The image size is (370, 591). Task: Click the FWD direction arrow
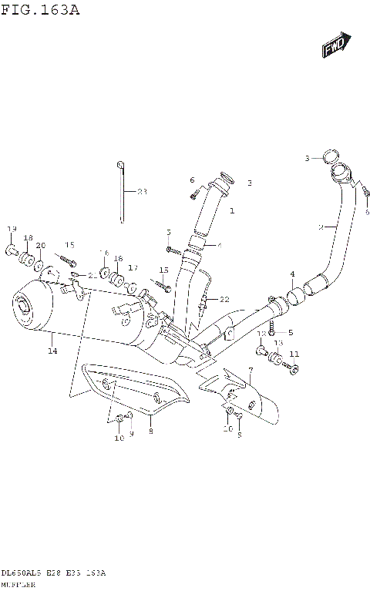point(336,45)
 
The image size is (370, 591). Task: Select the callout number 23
point(142,192)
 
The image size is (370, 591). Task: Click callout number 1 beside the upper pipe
point(231,210)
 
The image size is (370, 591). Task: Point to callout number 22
point(224,299)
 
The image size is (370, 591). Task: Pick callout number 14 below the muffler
point(52,351)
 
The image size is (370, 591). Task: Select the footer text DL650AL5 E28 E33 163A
point(54,573)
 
